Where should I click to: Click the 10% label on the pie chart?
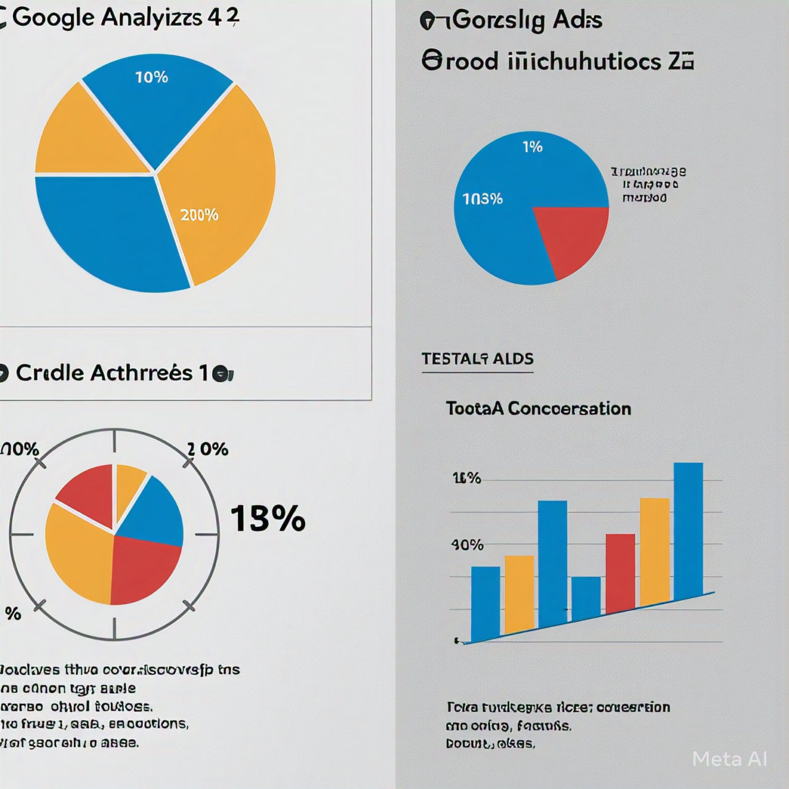point(152,77)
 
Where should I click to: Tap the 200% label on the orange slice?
point(199,215)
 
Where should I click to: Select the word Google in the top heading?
point(53,17)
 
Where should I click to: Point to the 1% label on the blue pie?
point(532,147)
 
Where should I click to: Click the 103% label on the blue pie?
point(483,198)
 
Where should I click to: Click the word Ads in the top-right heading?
point(577,20)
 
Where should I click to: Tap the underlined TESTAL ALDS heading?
point(478,359)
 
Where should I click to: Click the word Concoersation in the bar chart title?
point(570,409)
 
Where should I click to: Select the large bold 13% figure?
point(268,518)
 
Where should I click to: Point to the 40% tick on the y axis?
point(467,545)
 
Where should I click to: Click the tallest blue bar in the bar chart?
point(688,530)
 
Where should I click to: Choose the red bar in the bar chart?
point(620,572)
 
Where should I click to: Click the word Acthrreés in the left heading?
point(141,373)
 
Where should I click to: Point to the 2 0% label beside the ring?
point(208,449)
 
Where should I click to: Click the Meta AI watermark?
point(729,759)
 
